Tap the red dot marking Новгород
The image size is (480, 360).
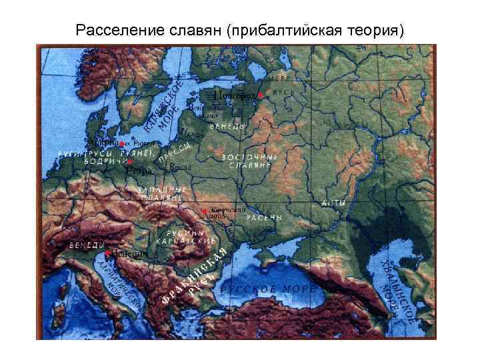coord(260,96)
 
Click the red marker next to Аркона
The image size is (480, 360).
coord(121,143)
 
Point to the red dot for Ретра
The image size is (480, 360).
coord(131,162)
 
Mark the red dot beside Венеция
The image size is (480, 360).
coord(107,253)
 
